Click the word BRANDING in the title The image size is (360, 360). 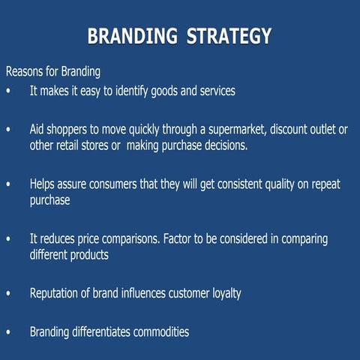(130, 36)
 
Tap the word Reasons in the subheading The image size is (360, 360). (25, 73)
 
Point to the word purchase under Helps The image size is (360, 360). (49, 200)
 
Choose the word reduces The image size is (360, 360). (61, 239)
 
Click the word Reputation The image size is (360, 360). (58, 293)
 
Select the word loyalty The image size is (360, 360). (224, 293)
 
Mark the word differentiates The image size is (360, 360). (99, 331)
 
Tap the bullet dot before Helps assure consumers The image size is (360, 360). (8, 184)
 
